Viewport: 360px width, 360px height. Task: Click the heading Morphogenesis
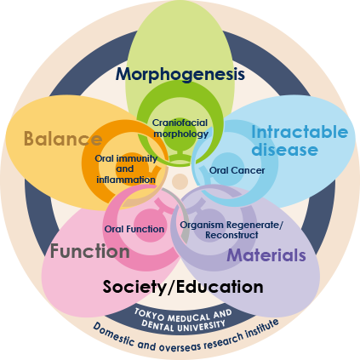pyautogui.click(x=180, y=75)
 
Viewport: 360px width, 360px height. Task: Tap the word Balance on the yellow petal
pyautogui.click(x=63, y=139)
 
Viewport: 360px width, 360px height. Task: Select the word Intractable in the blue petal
pyautogui.click(x=300, y=132)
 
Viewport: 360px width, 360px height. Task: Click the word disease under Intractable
pyautogui.click(x=284, y=150)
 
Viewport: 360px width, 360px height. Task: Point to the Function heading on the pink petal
pyautogui.click(x=90, y=251)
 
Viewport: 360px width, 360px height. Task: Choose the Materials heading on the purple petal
pyautogui.click(x=266, y=255)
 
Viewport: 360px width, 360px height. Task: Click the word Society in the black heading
pyautogui.click(x=134, y=287)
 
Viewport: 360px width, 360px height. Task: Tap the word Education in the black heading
pyautogui.click(x=220, y=287)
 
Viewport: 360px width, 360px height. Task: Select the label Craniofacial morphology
pyautogui.click(x=180, y=129)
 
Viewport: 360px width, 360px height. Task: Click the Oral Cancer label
pyautogui.click(x=237, y=170)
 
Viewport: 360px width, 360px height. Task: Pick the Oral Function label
pyautogui.click(x=134, y=229)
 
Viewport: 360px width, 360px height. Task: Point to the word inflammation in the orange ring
pyautogui.click(x=126, y=180)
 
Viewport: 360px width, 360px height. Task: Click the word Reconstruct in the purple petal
pyautogui.click(x=231, y=235)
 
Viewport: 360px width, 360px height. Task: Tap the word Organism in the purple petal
pyautogui.click(x=202, y=225)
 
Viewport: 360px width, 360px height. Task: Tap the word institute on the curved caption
pyautogui.click(x=262, y=327)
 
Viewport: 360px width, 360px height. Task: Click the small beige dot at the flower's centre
pyautogui.click(x=180, y=181)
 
